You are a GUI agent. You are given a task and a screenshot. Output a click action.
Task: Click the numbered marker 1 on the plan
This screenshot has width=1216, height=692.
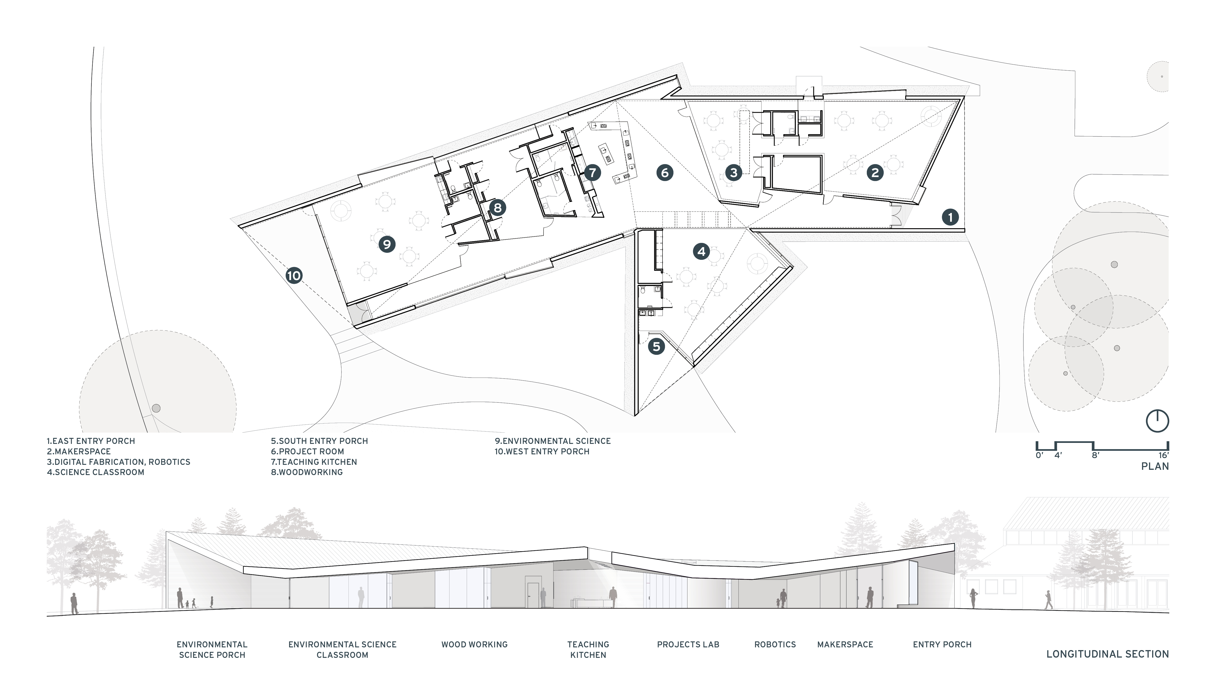point(950,217)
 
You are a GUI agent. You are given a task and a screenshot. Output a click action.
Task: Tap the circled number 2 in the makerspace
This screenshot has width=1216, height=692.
point(875,173)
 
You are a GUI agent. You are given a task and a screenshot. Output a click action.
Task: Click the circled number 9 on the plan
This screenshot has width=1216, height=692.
point(387,244)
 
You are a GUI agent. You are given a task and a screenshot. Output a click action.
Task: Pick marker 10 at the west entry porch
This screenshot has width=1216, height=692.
point(294,275)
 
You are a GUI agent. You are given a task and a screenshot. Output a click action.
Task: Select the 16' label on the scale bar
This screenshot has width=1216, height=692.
point(1163,455)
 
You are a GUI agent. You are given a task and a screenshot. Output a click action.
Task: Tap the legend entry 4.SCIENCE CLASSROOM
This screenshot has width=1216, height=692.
point(96,472)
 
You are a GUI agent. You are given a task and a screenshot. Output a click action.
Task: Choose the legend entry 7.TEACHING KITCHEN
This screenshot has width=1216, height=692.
point(314,462)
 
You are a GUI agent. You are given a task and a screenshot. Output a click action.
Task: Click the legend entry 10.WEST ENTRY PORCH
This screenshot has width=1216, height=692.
point(542,451)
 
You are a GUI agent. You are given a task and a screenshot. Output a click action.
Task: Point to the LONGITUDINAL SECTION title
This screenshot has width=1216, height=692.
point(1107,654)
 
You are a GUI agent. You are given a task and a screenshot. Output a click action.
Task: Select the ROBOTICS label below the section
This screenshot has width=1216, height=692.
point(775,644)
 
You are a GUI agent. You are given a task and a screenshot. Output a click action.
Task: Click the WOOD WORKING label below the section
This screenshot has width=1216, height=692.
point(474,644)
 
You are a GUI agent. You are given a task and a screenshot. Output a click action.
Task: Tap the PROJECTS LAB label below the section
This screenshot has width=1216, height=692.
point(688,644)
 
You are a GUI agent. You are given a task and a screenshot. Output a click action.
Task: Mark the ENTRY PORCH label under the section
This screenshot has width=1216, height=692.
point(942,644)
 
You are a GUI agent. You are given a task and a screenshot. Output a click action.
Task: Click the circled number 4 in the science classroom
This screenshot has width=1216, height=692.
point(702,251)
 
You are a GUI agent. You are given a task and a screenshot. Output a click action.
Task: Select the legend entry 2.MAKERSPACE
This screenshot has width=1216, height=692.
point(78,451)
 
